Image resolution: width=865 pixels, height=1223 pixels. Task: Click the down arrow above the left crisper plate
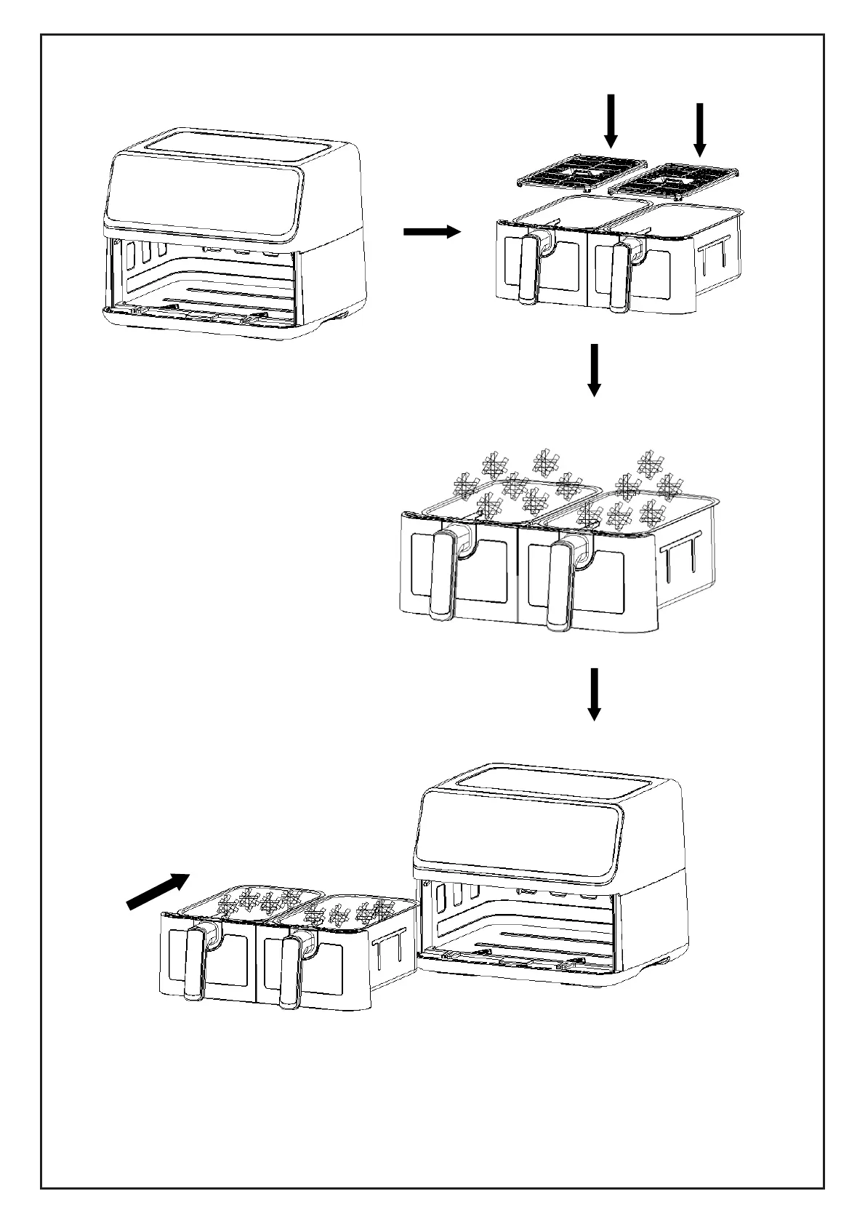(611, 120)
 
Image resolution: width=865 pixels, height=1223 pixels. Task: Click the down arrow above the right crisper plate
(700, 129)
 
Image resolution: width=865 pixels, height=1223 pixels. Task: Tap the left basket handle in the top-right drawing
(528, 268)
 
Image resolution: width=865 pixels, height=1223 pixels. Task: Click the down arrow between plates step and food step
(595, 370)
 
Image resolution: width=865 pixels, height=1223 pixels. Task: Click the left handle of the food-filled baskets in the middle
(442, 574)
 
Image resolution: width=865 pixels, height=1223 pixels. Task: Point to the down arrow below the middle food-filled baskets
(595, 694)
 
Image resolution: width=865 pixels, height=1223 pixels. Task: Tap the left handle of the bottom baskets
(195, 964)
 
